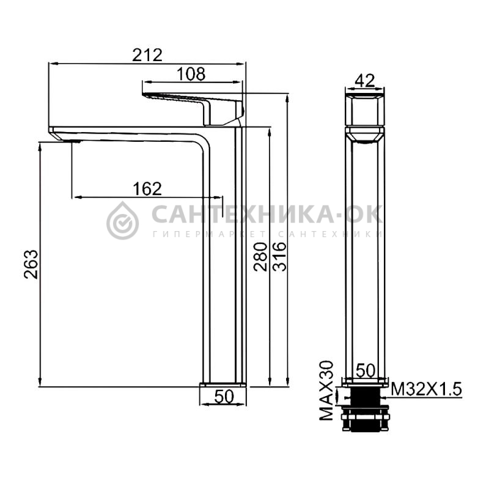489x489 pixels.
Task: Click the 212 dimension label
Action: point(147,55)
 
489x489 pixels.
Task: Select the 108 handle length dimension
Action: point(191,74)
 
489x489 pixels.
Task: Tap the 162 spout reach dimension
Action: point(147,189)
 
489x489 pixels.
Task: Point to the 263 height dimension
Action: point(31,264)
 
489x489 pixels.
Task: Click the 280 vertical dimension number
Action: point(260,257)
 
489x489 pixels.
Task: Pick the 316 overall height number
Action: point(279,257)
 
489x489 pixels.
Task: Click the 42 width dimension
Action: point(365,81)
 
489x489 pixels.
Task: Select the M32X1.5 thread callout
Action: point(426,389)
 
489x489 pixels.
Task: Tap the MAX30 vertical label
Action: point(326,391)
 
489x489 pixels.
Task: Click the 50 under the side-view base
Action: point(224,397)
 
